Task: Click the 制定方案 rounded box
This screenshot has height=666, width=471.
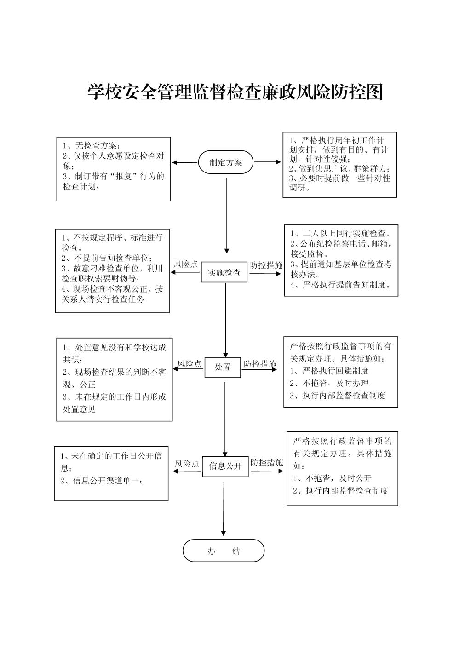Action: [226, 162]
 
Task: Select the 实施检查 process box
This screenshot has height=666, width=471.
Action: [224, 272]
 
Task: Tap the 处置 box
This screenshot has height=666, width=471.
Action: [223, 367]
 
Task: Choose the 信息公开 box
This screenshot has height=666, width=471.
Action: [225, 466]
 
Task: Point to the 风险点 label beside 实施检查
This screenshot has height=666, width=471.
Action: [186, 264]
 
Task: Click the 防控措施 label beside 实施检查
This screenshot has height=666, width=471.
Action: [266, 265]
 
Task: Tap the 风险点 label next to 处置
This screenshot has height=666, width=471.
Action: [190, 364]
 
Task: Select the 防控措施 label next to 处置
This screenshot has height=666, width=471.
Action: [260, 364]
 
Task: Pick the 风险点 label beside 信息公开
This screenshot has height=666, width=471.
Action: [187, 464]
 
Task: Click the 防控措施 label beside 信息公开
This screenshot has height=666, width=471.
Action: [267, 463]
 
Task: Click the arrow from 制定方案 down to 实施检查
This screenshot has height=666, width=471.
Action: [227, 216]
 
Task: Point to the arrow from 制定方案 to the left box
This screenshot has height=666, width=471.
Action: [185, 163]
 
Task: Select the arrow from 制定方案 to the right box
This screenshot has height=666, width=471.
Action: [268, 162]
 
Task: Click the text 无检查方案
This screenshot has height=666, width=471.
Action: [96, 145]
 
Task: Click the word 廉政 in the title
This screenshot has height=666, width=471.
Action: [278, 92]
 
